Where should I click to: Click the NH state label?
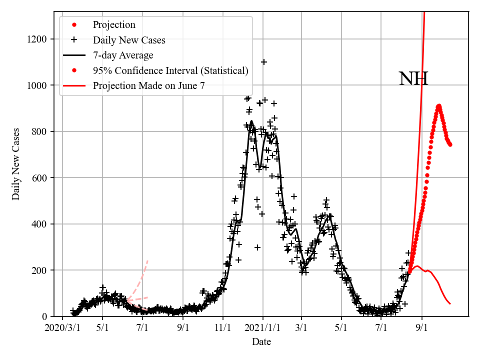point(413,79)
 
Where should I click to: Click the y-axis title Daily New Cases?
point(16,164)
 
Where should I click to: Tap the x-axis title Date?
point(261,342)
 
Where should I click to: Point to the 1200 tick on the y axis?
point(38,39)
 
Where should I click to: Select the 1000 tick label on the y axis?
point(38,85)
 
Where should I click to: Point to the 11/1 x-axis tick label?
point(223,329)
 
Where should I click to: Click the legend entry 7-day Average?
point(123,55)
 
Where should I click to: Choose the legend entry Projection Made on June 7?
point(148,86)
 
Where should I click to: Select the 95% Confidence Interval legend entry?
point(170,70)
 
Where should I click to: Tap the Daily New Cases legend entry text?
point(129,40)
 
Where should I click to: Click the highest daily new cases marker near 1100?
point(264,62)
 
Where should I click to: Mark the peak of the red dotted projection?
point(438,106)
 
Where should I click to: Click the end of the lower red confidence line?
point(450,303)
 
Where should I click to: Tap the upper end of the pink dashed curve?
point(147,260)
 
